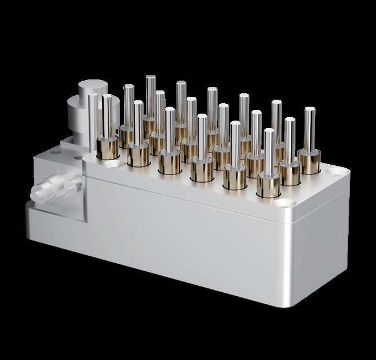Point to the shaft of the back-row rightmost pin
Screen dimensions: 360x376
point(309,128)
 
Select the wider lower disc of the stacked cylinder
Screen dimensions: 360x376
point(76,116)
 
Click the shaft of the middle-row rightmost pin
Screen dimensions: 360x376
point(289,139)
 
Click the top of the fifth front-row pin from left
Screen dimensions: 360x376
point(235,123)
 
